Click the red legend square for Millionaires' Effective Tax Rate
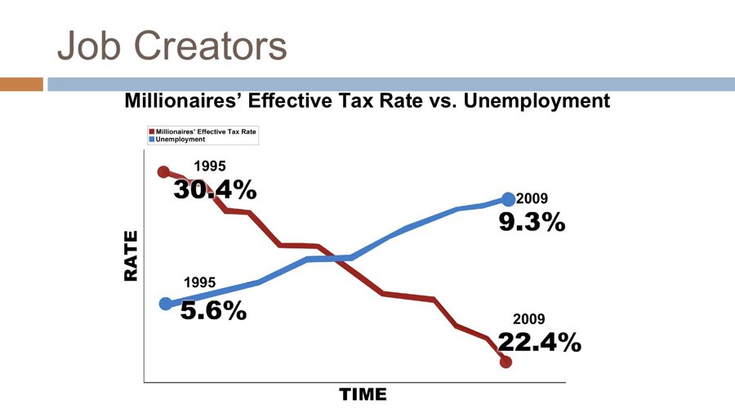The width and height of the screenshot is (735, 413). click(151, 131)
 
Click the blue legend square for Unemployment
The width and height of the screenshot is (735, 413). click(151, 140)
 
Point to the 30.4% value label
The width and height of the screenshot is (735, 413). click(215, 190)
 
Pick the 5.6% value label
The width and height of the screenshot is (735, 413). click(213, 310)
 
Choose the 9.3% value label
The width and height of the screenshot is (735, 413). click(532, 221)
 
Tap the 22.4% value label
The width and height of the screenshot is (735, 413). click(540, 343)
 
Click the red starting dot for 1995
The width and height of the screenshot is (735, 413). click(163, 172)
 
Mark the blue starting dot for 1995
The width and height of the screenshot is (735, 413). click(166, 304)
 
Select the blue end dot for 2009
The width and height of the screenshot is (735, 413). click(508, 199)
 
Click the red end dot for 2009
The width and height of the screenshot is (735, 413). click(506, 362)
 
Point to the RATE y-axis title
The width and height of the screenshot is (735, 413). click(131, 256)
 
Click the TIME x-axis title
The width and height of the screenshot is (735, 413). click(363, 395)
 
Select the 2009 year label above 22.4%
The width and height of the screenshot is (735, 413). click(528, 320)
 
